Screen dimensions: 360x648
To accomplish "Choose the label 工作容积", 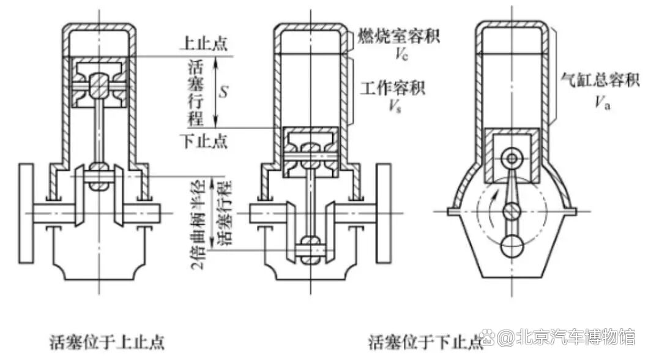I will [392, 88].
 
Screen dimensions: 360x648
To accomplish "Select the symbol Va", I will [602, 102].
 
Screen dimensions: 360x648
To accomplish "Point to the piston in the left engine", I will [99, 85].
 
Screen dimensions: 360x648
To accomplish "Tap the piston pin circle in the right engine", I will [512, 159].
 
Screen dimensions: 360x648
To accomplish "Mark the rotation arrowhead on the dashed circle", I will [486, 193].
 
